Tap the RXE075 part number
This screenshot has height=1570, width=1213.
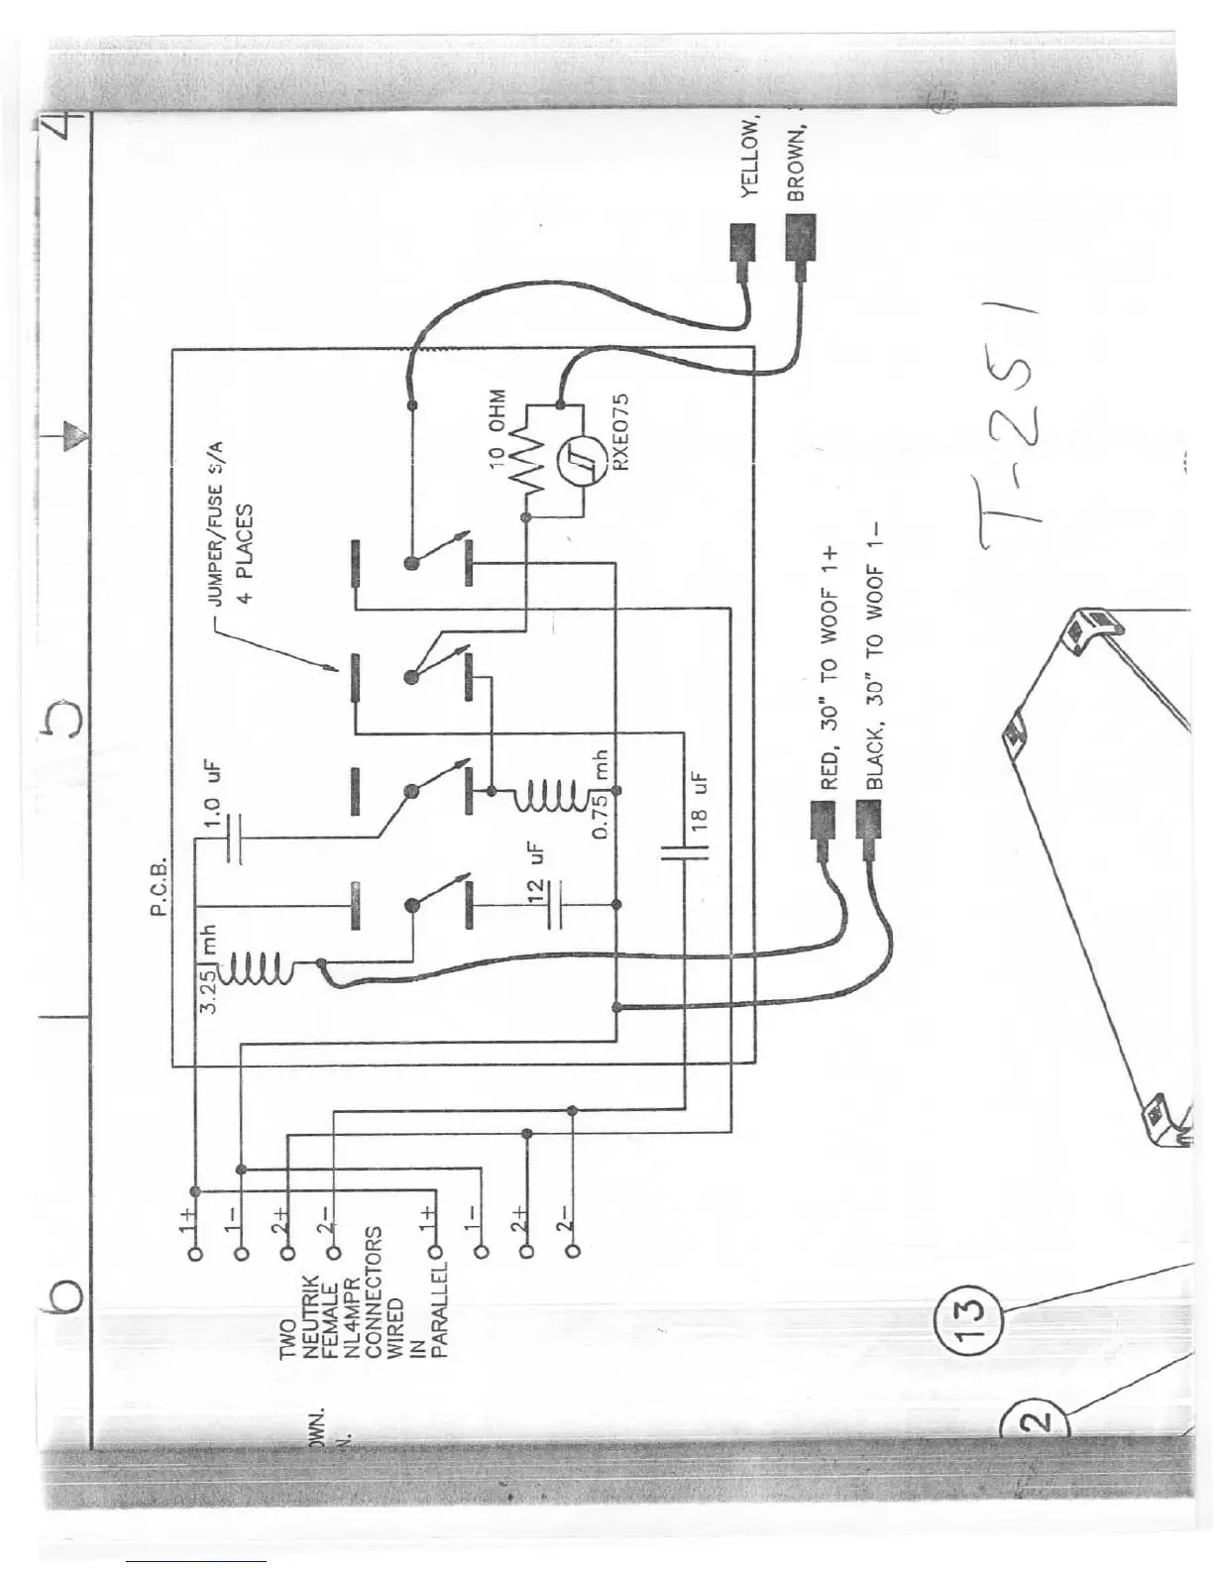click(621, 433)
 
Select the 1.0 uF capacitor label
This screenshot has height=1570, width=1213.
click(212, 798)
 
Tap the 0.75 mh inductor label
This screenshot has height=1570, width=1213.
click(602, 793)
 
